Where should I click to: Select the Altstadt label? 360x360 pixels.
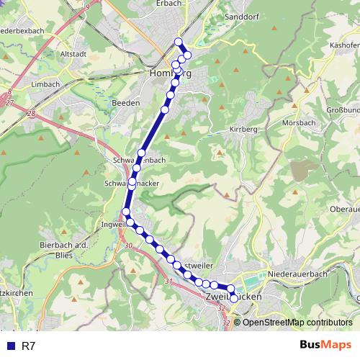pyautogui.click(x=74, y=53)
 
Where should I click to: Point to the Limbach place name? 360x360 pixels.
pyautogui.click(x=46, y=84)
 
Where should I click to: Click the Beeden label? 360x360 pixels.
pyautogui.click(x=125, y=103)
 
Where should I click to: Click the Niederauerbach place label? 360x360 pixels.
pyautogui.click(x=297, y=274)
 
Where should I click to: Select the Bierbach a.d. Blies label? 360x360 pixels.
pyautogui.click(x=63, y=250)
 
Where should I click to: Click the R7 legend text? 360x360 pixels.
pyautogui.click(x=29, y=346)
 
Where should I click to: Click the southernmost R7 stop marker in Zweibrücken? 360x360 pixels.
pyautogui.click(x=234, y=298)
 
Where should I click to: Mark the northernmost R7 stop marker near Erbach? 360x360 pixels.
pyautogui.click(x=179, y=42)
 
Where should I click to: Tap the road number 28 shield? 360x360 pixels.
pyautogui.click(x=31, y=114)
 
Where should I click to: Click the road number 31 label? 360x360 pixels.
pyautogui.click(x=168, y=281)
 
